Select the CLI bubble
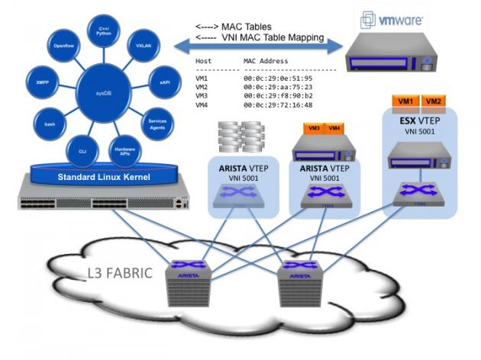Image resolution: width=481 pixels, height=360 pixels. (83, 152)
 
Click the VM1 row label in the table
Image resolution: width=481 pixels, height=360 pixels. (202, 78)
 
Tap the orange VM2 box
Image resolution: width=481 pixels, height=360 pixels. (433, 101)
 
